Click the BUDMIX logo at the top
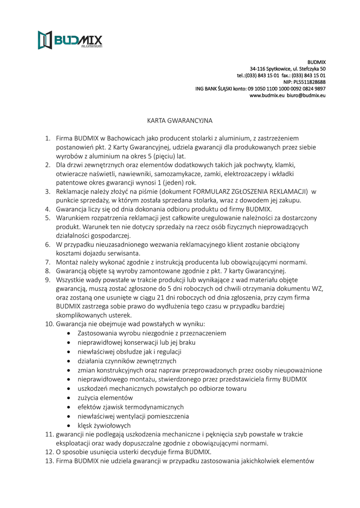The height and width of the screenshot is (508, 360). tap(70, 40)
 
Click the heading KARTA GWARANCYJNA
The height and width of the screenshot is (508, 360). tap(180, 121)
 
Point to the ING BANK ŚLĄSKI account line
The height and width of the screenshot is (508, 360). tap(260, 88)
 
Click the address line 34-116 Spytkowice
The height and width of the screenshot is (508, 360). tap(288, 68)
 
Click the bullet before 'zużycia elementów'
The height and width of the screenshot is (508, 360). tap(68, 398)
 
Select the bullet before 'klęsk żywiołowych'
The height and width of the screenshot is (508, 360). tap(68, 426)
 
